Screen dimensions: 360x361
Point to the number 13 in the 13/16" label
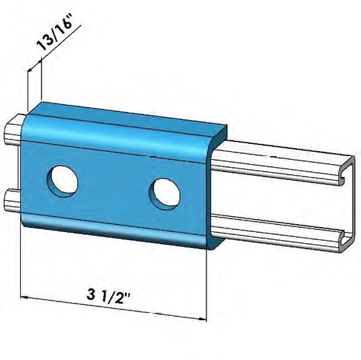point(44,55)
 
